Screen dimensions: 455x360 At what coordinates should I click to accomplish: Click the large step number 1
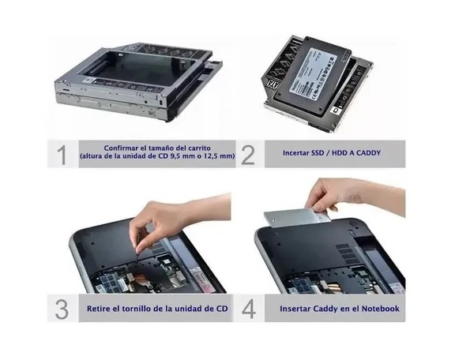coord(62,155)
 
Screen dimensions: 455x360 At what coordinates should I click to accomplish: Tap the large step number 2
coord(248,155)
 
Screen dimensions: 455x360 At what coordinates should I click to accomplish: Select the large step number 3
coord(62,309)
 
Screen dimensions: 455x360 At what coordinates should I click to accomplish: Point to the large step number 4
coord(249,309)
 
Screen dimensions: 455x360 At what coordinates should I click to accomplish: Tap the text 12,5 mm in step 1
coord(216,156)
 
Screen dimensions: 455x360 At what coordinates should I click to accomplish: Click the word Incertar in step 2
coord(296,153)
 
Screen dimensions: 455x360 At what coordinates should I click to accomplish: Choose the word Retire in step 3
coord(98,309)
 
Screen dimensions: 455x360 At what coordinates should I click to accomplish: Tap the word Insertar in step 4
coord(294,309)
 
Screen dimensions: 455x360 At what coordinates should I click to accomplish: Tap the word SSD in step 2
coord(318,153)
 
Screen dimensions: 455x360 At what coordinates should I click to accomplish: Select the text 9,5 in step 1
coord(176,156)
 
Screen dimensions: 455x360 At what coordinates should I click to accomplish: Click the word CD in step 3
coord(222,309)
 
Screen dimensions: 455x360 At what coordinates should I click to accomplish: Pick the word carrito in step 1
coord(199,148)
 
